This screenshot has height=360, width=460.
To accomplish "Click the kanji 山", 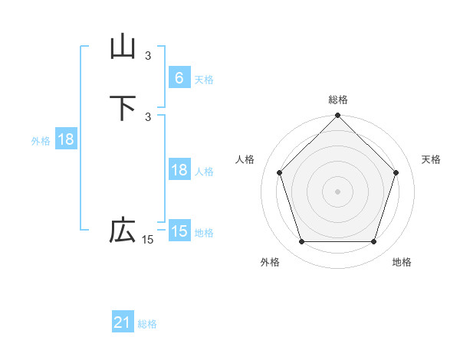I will click(x=123, y=47).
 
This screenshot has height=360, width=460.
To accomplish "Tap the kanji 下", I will click(x=123, y=108).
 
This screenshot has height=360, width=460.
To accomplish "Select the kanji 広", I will click(x=123, y=231).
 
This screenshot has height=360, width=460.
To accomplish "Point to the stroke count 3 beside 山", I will click(x=148, y=55).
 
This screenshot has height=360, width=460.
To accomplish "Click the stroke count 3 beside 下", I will click(x=148, y=116).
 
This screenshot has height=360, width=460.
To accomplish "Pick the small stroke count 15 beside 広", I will click(x=148, y=240).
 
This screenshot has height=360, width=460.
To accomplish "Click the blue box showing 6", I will click(x=179, y=78).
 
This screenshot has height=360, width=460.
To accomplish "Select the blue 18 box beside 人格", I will click(x=179, y=170).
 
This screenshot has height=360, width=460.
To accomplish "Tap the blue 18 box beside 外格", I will click(x=65, y=139).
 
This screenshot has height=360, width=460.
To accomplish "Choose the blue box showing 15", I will click(x=179, y=231).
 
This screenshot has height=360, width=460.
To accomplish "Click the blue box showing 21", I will click(x=123, y=323).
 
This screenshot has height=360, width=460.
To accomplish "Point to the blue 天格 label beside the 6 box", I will click(x=204, y=80).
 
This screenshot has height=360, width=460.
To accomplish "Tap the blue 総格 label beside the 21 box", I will click(x=147, y=325).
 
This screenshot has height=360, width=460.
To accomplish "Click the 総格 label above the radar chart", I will click(x=338, y=100).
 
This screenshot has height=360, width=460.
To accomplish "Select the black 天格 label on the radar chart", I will click(x=431, y=159).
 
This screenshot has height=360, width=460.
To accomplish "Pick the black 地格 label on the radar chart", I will click(x=402, y=263).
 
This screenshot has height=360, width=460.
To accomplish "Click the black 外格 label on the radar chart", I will click(x=270, y=263).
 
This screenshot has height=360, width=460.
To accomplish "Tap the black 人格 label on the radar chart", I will click(x=245, y=159).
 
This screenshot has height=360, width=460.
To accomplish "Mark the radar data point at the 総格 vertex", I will click(x=338, y=117).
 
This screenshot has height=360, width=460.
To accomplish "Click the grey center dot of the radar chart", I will click(x=338, y=191).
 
